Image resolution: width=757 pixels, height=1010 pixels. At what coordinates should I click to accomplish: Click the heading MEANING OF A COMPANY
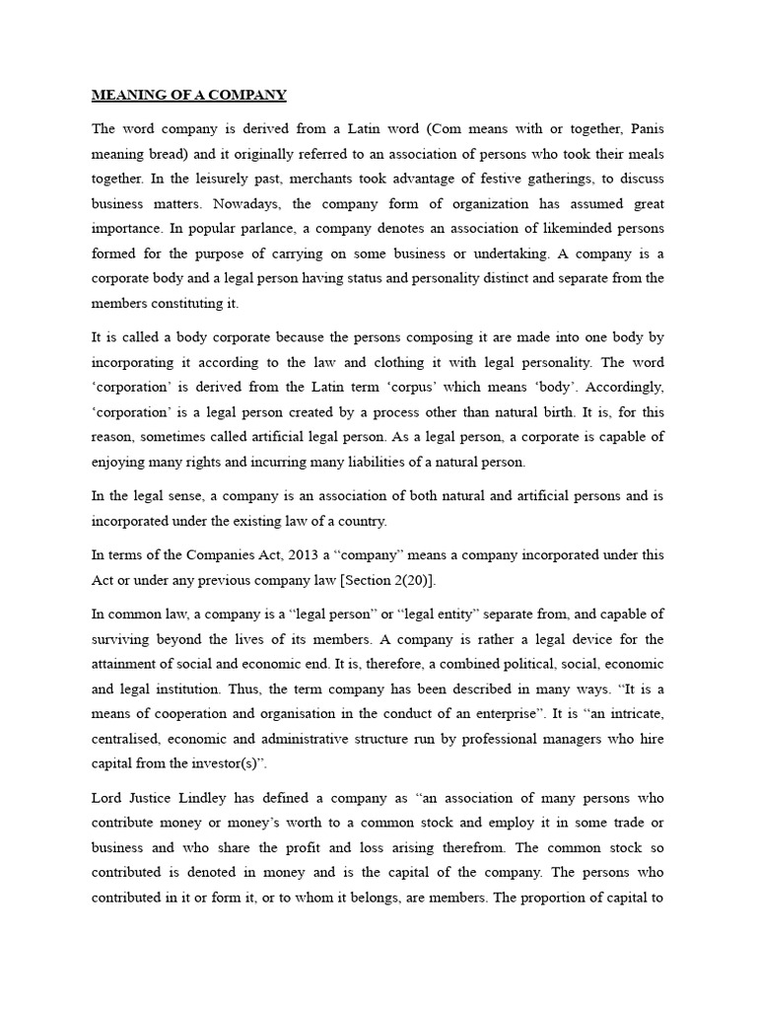tap(188, 96)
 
